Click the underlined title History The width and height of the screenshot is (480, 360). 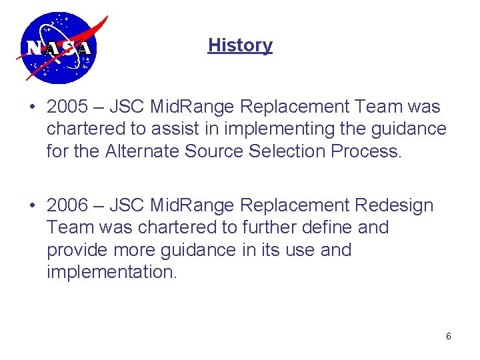tap(240, 45)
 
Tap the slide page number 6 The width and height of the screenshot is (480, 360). tap(448, 337)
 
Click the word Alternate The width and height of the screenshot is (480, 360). tap(141, 151)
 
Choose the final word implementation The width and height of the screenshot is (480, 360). tap(112, 272)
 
